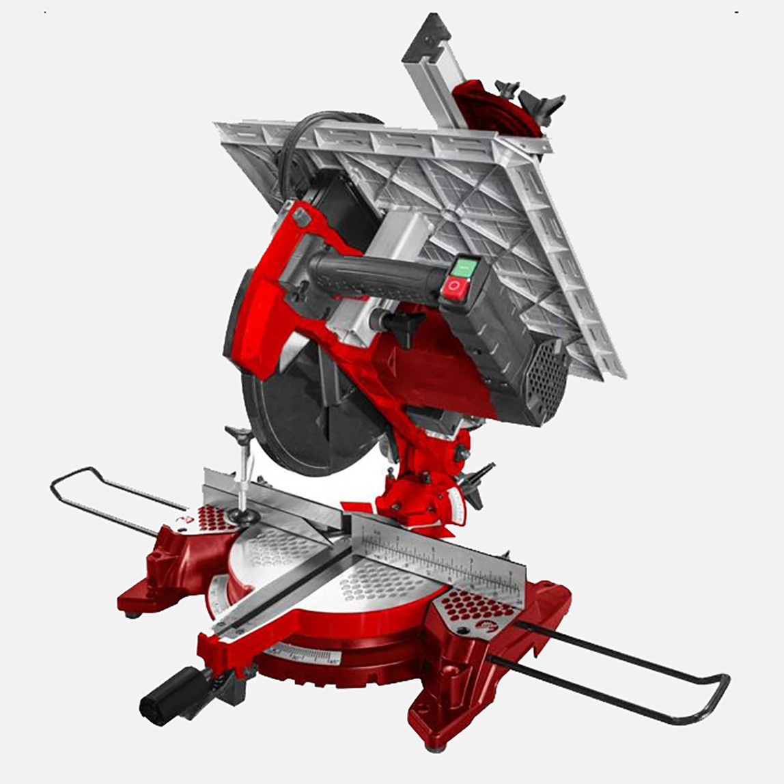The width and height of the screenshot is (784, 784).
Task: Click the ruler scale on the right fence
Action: [444, 557]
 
